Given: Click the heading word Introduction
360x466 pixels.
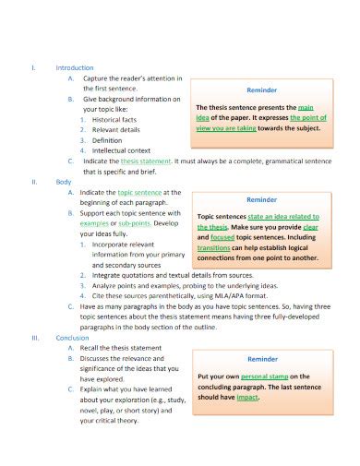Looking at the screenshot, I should pos(75,67).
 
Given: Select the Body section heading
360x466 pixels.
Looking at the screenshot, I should pos(64,182).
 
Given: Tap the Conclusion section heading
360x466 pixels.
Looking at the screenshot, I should pos(73,337).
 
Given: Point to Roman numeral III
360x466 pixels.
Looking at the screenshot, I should pos(35,337).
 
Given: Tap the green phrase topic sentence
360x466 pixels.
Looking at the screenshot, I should pos(139,192).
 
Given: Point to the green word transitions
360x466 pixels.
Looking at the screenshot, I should pos(214,247).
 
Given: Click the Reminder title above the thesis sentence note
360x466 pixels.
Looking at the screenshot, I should pos(262,90).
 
